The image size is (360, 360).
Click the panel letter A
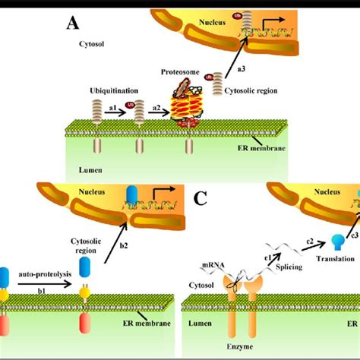(74, 23)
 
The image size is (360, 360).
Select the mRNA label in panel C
(211, 266)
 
